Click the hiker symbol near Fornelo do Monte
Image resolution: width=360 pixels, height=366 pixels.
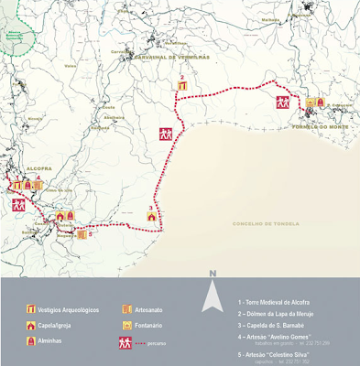285,104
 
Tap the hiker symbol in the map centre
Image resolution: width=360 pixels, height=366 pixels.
166,134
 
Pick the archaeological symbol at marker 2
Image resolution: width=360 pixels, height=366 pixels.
183,86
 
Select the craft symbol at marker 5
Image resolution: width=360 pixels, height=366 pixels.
81,231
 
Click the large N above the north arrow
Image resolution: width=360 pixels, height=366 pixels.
212,274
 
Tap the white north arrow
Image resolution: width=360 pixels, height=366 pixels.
212,296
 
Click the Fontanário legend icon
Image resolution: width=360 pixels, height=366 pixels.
127,324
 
